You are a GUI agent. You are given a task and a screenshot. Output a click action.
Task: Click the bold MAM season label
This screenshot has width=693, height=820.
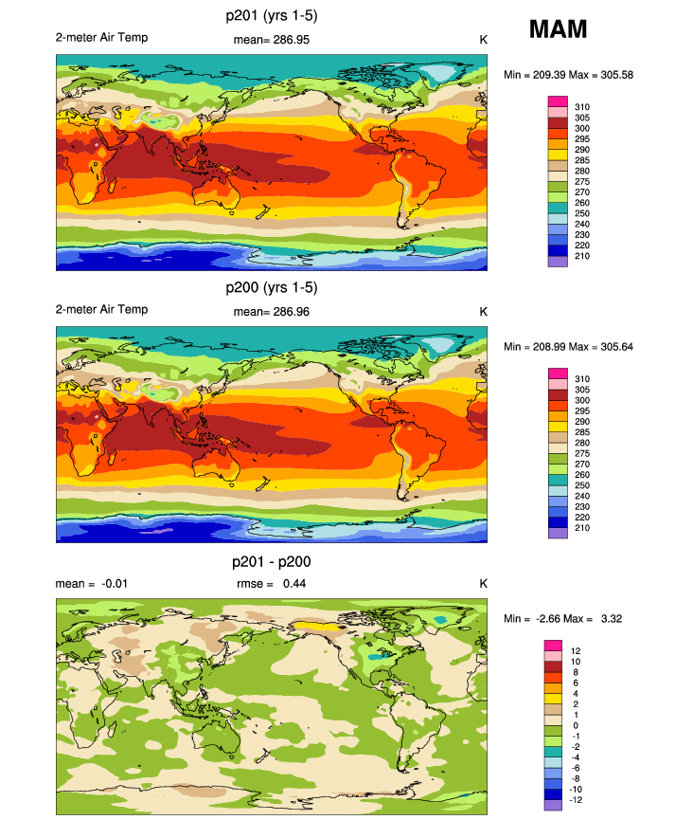point(558,29)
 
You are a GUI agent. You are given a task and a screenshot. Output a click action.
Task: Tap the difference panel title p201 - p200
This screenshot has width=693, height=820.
point(271,561)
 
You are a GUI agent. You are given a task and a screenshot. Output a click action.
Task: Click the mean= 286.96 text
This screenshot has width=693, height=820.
point(271,311)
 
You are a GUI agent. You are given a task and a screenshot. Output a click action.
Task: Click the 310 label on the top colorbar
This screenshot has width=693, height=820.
point(583,106)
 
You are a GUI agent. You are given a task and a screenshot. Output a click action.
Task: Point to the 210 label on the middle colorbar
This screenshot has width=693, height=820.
point(583,528)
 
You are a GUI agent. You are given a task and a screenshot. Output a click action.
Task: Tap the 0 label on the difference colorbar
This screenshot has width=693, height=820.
point(577,725)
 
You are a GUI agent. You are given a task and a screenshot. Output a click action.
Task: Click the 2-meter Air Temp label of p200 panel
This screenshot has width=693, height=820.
point(101,310)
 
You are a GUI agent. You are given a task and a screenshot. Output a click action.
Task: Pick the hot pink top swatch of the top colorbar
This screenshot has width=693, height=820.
point(557,101)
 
